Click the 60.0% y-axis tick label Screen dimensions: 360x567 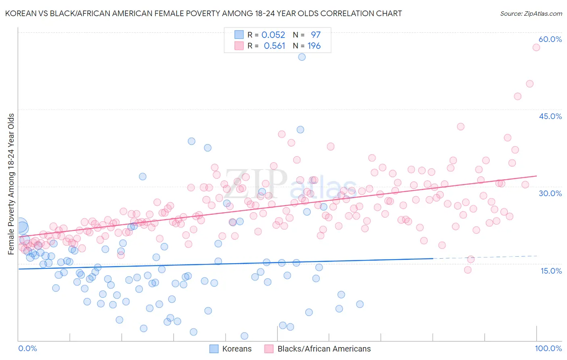550,39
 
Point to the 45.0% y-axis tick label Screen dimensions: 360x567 550,116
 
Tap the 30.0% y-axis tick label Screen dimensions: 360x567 550,193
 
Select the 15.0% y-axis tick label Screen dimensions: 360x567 551,271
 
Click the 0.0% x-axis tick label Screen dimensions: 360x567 27,348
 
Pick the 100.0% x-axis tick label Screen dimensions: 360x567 548,348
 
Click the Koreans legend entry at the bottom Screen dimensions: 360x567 236,349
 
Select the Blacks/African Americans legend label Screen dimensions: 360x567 323,349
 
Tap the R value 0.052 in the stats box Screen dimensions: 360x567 273,35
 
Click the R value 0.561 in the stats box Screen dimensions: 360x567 274,46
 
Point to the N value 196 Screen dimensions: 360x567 314,46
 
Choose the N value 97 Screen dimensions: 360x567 315,35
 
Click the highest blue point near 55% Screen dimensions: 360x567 302,57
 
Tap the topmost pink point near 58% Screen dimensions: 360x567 536,47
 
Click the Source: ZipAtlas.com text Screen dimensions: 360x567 531,13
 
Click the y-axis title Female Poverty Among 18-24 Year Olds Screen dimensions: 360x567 11,184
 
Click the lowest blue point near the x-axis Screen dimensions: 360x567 244,336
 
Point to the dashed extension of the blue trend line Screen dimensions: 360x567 484,257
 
